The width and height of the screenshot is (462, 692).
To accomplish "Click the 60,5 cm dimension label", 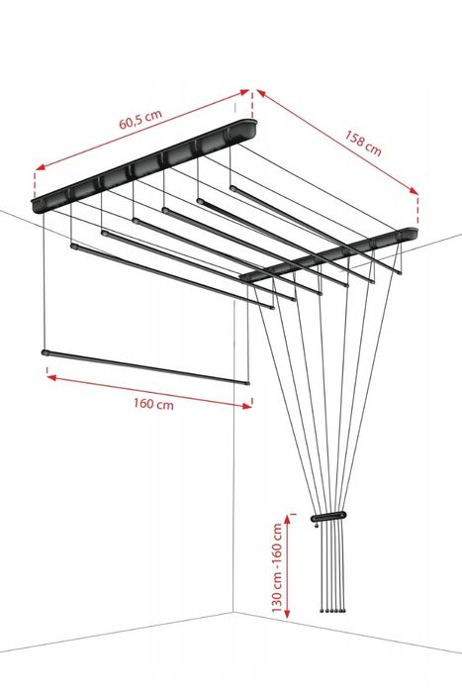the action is (140, 119).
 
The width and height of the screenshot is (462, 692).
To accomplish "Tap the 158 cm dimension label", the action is (363, 143).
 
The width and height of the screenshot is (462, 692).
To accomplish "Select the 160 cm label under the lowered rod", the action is (154, 404).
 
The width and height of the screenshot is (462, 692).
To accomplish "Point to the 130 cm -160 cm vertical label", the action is (277, 567).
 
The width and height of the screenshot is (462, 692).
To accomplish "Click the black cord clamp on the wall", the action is (328, 516).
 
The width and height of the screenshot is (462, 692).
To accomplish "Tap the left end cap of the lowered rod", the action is (45, 352).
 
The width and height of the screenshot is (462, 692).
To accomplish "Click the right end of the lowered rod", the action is (247, 383).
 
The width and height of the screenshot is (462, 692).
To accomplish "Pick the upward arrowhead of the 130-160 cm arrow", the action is (288, 519).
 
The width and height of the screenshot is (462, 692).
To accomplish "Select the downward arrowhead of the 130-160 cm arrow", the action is (288, 613).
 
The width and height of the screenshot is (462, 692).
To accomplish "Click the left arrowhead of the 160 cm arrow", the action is (51, 377).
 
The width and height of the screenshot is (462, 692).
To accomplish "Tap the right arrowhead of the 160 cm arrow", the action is (247, 406).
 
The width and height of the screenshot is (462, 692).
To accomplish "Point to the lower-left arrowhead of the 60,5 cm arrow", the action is (40, 167).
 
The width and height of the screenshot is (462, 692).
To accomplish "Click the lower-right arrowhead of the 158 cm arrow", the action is (414, 190).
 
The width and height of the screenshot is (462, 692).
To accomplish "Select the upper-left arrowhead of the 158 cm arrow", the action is (261, 93).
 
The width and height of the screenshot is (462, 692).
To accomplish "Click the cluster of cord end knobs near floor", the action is (332, 611).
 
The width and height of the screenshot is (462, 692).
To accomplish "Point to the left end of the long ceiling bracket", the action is (37, 206).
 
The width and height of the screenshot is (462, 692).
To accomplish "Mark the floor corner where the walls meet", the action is (233, 612).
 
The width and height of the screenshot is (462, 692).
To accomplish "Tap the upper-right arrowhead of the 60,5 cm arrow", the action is (244, 92).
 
